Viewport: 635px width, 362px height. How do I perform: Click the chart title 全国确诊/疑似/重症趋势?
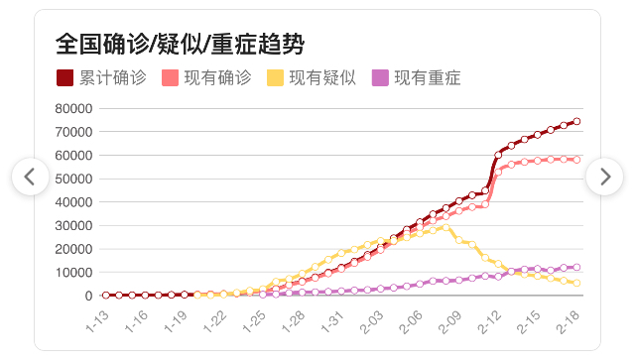click(x=180, y=44)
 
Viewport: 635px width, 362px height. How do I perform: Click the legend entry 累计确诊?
click(x=101, y=77)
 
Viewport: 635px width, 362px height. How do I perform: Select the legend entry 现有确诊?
click(x=206, y=77)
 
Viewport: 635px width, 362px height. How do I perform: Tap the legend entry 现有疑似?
click(x=312, y=77)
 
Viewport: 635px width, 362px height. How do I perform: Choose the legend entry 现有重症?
click(x=417, y=77)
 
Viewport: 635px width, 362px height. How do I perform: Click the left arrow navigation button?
click(x=31, y=177)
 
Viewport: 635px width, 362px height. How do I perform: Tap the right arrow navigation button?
click(x=604, y=177)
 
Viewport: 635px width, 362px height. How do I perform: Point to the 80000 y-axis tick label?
click(x=73, y=108)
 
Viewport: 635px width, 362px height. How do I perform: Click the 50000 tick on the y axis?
click(x=73, y=179)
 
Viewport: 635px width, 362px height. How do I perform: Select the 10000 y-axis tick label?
click(x=73, y=273)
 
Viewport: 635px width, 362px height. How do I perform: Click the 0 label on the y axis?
click(x=88, y=296)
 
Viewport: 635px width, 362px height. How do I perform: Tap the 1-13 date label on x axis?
click(x=97, y=322)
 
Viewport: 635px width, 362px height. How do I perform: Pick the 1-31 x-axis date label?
click(x=332, y=322)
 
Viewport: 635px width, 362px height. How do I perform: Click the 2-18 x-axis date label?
click(x=568, y=322)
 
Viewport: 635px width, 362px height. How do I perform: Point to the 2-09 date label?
click(x=449, y=322)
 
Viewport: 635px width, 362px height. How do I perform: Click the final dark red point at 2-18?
click(x=576, y=121)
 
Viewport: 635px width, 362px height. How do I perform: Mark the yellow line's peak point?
click(x=445, y=227)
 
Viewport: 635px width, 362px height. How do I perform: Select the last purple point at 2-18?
click(x=576, y=267)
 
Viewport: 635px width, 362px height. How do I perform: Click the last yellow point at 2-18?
click(x=576, y=283)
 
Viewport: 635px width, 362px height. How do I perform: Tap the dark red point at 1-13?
click(x=106, y=296)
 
